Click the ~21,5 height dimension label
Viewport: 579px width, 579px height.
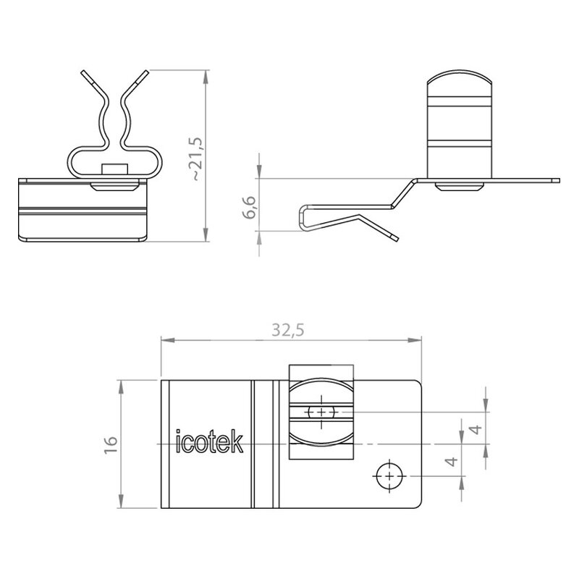click(197, 159)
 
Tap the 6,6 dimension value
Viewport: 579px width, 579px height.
click(250, 208)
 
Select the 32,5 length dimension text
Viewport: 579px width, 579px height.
click(288, 330)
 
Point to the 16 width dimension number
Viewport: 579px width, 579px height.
click(111, 444)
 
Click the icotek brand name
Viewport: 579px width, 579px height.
click(209, 441)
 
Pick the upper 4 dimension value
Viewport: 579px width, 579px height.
click(477, 429)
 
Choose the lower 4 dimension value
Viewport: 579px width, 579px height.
click(452, 461)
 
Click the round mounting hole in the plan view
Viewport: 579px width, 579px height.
click(389, 476)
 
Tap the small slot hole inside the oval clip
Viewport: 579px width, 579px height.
click(321, 411)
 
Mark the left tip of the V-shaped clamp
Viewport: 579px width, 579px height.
click(83, 72)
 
